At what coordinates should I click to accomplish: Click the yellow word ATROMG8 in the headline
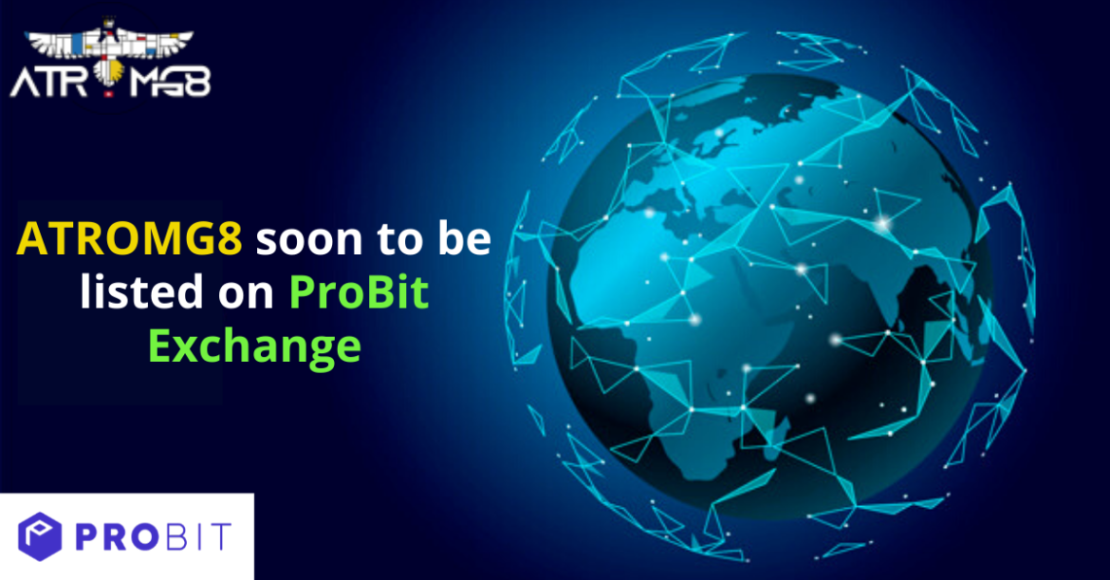[x=130, y=238]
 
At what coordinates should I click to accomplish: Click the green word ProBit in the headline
[x=359, y=291]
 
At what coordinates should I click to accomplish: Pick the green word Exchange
[x=255, y=346]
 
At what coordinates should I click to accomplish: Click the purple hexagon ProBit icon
[x=40, y=536]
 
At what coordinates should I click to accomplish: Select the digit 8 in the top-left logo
[x=197, y=83]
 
